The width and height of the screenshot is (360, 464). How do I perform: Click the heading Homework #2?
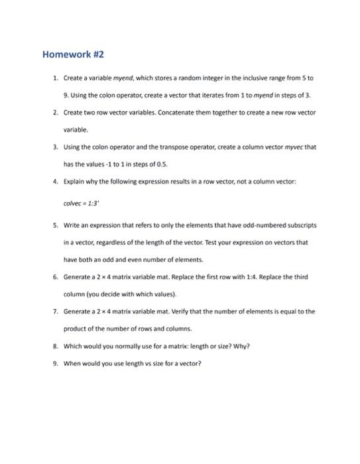[74, 54]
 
